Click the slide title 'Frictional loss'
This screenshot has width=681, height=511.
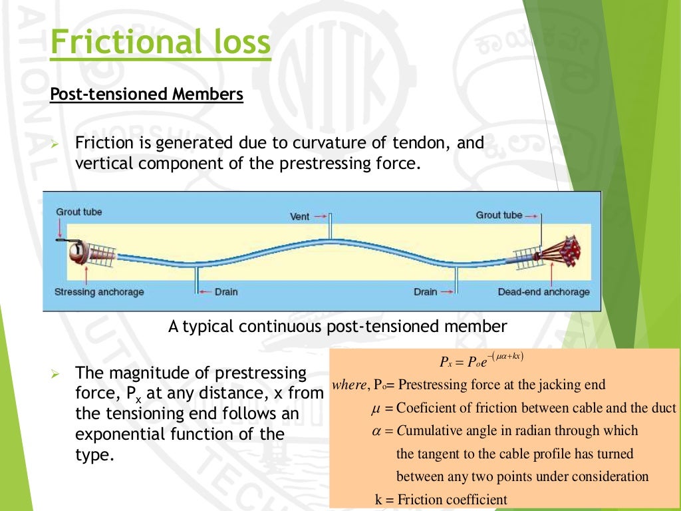(x=160, y=43)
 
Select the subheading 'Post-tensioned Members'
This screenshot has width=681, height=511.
(x=146, y=94)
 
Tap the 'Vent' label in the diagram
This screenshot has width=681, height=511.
(x=300, y=216)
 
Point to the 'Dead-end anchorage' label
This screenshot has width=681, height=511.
(x=543, y=292)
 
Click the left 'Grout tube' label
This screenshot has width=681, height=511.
(x=78, y=212)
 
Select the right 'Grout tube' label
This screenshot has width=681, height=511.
(x=499, y=215)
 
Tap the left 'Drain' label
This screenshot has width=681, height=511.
(x=226, y=292)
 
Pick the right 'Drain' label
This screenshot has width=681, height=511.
(x=426, y=292)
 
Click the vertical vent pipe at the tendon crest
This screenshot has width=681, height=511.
(x=329, y=227)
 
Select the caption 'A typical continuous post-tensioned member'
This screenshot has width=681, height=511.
(x=338, y=327)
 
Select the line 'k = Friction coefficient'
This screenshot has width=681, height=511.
(x=441, y=499)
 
